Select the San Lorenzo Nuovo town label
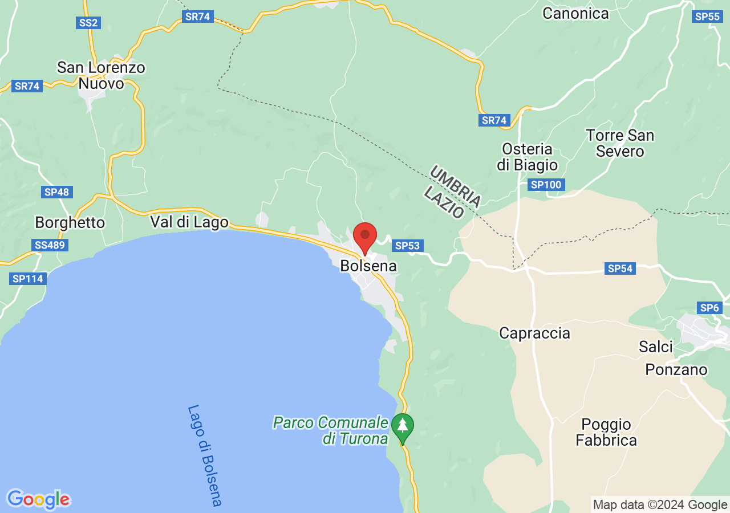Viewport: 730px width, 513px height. click(101, 76)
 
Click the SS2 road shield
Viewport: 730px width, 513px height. click(88, 23)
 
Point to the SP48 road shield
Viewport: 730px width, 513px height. click(56, 192)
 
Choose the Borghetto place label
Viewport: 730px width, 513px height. click(70, 222)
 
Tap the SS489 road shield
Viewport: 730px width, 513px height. click(51, 245)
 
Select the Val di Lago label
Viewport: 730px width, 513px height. click(189, 222)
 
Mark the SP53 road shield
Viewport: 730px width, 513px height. click(407, 246)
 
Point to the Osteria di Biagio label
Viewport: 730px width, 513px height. click(527, 157)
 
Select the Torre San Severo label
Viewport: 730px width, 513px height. click(620, 143)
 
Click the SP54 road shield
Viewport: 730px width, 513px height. click(620, 268)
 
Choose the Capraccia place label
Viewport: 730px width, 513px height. click(534, 333)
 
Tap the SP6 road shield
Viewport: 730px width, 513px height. click(709, 308)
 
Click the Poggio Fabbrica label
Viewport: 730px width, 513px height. click(606, 432)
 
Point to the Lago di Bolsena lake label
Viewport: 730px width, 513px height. click(204, 456)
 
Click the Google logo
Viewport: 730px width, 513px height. click(38, 499)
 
